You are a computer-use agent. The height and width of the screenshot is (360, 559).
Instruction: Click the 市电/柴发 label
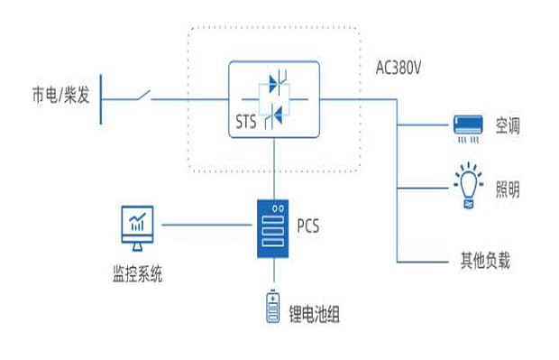point(60,96)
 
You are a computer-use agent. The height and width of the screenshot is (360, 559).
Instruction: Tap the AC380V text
point(399,68)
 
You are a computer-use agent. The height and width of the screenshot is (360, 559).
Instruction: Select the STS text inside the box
point(245,122)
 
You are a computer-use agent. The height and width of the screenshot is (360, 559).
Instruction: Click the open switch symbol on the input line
point(143,96)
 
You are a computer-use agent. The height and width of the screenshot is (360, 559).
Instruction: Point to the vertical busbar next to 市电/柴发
point(101,99)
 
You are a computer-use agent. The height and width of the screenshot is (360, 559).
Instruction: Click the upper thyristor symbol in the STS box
point(278,82)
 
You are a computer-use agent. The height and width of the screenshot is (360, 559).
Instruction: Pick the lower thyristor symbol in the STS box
point(273,115)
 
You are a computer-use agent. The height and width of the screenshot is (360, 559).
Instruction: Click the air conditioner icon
point(468,128)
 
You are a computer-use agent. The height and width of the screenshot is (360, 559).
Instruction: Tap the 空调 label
point(508,126)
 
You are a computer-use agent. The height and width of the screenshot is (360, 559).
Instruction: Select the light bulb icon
point(469,185)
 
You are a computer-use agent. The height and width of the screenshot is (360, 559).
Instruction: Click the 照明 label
point(508,189)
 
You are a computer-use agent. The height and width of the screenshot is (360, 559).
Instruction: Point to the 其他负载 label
point(485,261)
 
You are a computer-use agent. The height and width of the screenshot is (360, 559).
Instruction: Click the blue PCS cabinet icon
point(273,228)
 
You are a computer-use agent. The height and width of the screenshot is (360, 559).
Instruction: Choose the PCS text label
point(308,226)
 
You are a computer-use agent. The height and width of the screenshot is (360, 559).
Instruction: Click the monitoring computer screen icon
point(137,228)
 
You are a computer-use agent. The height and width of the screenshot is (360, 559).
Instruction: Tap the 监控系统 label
point(137,274)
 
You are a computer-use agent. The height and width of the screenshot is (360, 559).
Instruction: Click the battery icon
point(273,307)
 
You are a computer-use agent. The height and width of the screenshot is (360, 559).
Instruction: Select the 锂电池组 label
point(314,314)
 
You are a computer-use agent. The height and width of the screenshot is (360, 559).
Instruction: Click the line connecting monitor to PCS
point(206,225)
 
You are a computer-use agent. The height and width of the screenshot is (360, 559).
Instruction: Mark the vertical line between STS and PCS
point(274,169)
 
